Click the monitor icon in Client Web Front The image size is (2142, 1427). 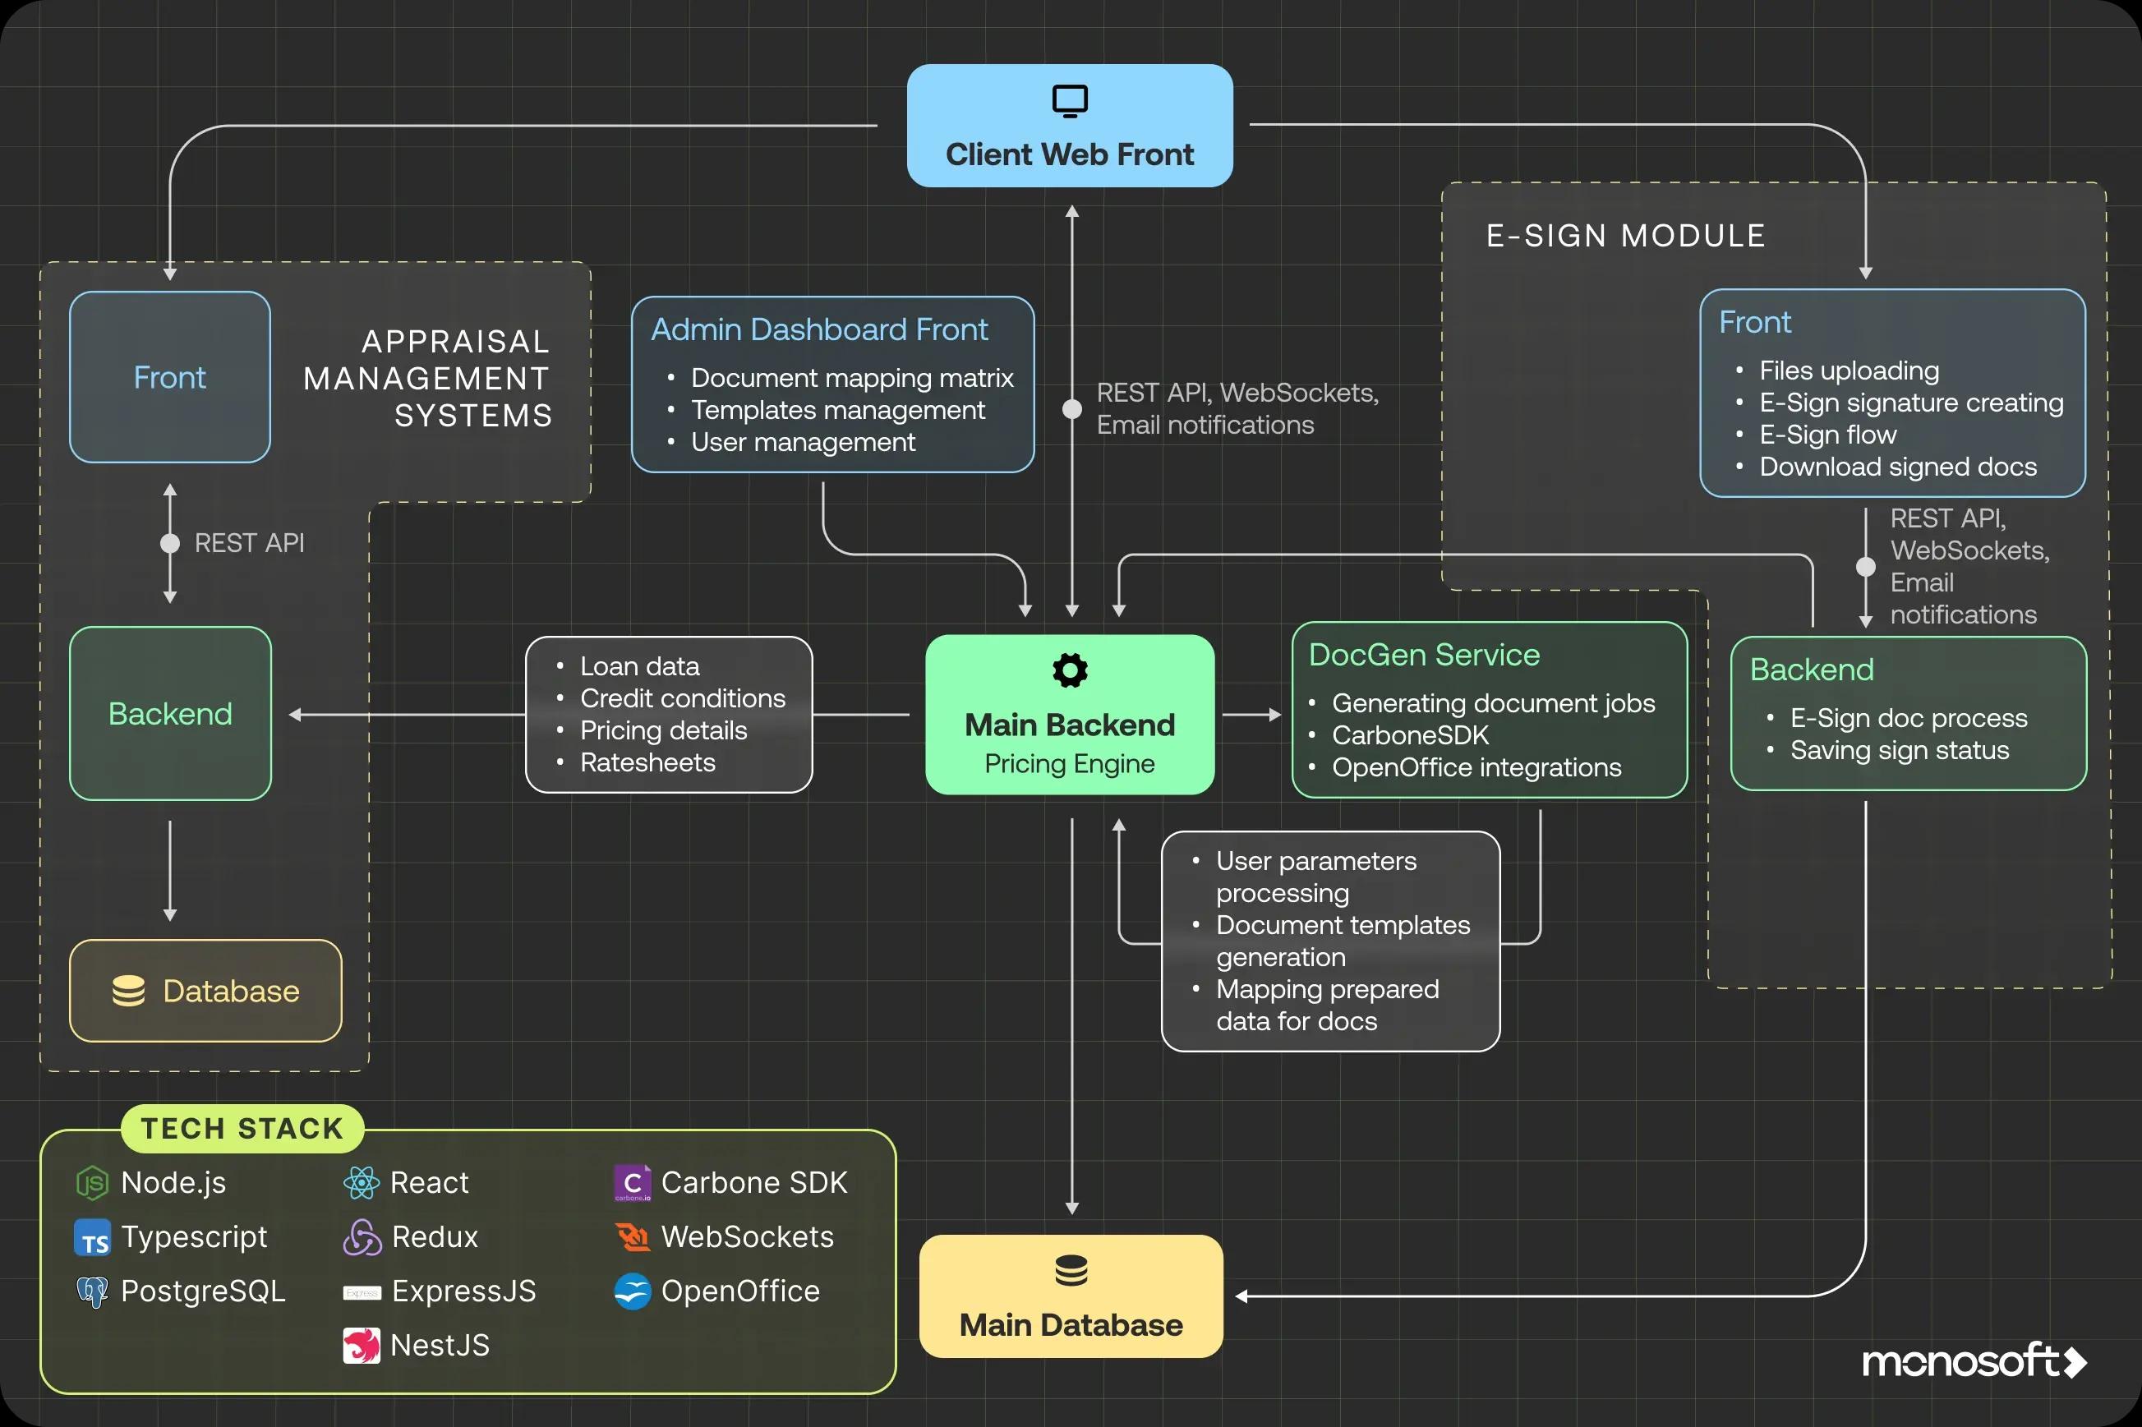click(x=1069, y=101)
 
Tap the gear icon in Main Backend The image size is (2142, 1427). click(x=1069, y=670)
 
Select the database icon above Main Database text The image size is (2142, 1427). click(x=1071, y=1270)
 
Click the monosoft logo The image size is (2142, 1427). click(x=1973, y=1361)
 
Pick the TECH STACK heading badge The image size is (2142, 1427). click(x=242, y=1129)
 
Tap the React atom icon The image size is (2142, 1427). click(x=362, y=1183)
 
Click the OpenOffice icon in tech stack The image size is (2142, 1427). click(x=633, y=1291)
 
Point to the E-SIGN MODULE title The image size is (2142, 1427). click(x=1625, y=236)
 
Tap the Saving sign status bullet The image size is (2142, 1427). click(x=1899, y=750)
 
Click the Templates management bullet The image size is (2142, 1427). click(x=837, y=411)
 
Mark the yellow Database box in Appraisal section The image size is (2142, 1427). click(x=205, y=990)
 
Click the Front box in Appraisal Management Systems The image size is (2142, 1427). click(x=170, y=377)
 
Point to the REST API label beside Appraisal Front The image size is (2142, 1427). click(x=249, y=543)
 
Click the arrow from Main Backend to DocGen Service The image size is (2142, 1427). click(x=1251, y=716)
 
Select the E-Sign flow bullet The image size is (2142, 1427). click(x=1827, y=435)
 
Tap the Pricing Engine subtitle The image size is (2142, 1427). click(x=1069, y=763)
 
